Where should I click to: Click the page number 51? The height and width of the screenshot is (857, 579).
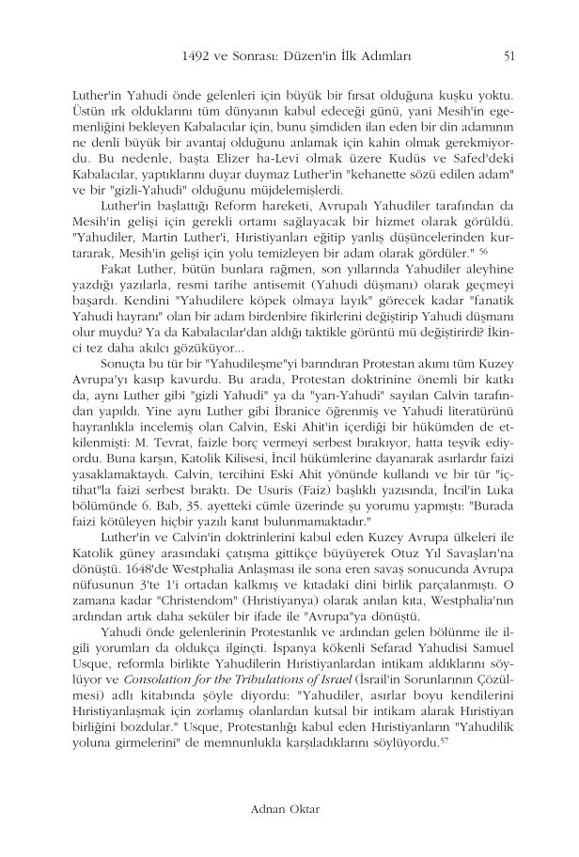509,56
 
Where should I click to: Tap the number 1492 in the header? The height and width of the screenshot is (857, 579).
195,56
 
